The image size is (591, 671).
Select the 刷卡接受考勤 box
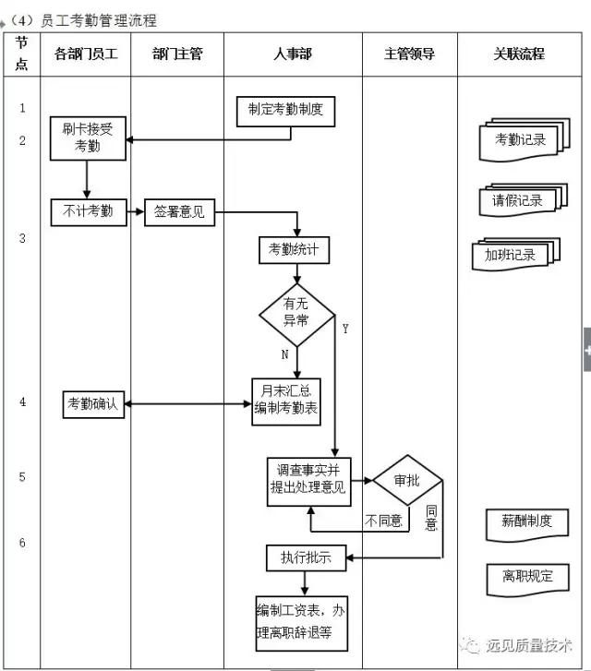click(x=87, y=138)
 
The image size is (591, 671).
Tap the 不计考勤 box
click(x=87, y=212)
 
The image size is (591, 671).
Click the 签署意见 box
click(x=179, y=212)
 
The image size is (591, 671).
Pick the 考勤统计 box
click(x=294, y=249)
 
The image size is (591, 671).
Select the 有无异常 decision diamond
click(x=295, y=314)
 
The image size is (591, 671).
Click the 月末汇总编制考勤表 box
click(x=286, y=402)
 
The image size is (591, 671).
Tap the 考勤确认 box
click(x=92, y=403)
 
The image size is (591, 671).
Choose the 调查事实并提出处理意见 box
click(x=309, y=479)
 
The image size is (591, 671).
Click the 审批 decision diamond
click(x=406, y=481)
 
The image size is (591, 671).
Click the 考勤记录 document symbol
click(x=521, y=141)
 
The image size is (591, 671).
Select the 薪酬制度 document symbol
click(x=520, y=521)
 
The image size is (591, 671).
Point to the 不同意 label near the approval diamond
click(x=383, y=521)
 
